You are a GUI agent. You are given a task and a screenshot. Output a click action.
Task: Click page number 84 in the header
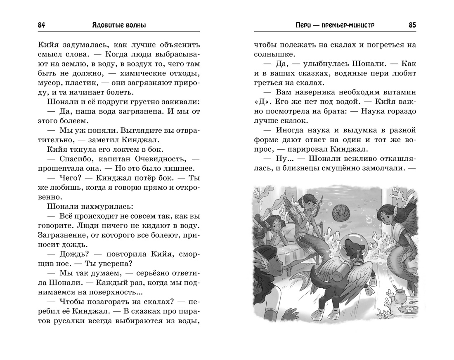(x=41, y=25)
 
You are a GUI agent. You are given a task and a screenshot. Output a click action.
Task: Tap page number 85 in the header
(x=412, y=25)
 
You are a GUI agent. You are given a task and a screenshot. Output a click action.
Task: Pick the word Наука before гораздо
(x=377, y=111)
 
